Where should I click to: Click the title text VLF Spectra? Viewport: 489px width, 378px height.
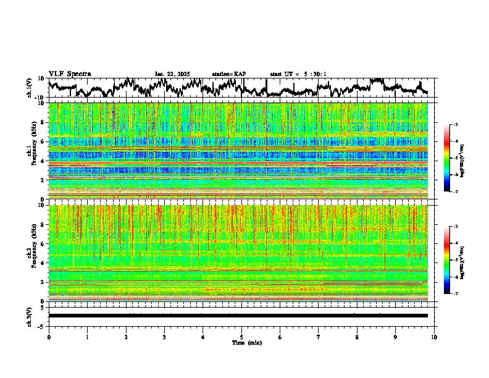70,73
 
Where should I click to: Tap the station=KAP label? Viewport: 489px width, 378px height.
228,74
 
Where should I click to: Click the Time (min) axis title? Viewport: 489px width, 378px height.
246,342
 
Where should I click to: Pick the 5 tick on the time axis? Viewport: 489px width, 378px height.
241,337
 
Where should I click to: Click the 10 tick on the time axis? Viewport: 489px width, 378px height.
434,337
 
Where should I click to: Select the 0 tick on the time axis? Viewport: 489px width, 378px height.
49,337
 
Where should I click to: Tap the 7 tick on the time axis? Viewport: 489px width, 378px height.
319,337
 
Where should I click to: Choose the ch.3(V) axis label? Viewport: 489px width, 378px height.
29,316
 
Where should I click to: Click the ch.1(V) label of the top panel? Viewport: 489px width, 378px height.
30,88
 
